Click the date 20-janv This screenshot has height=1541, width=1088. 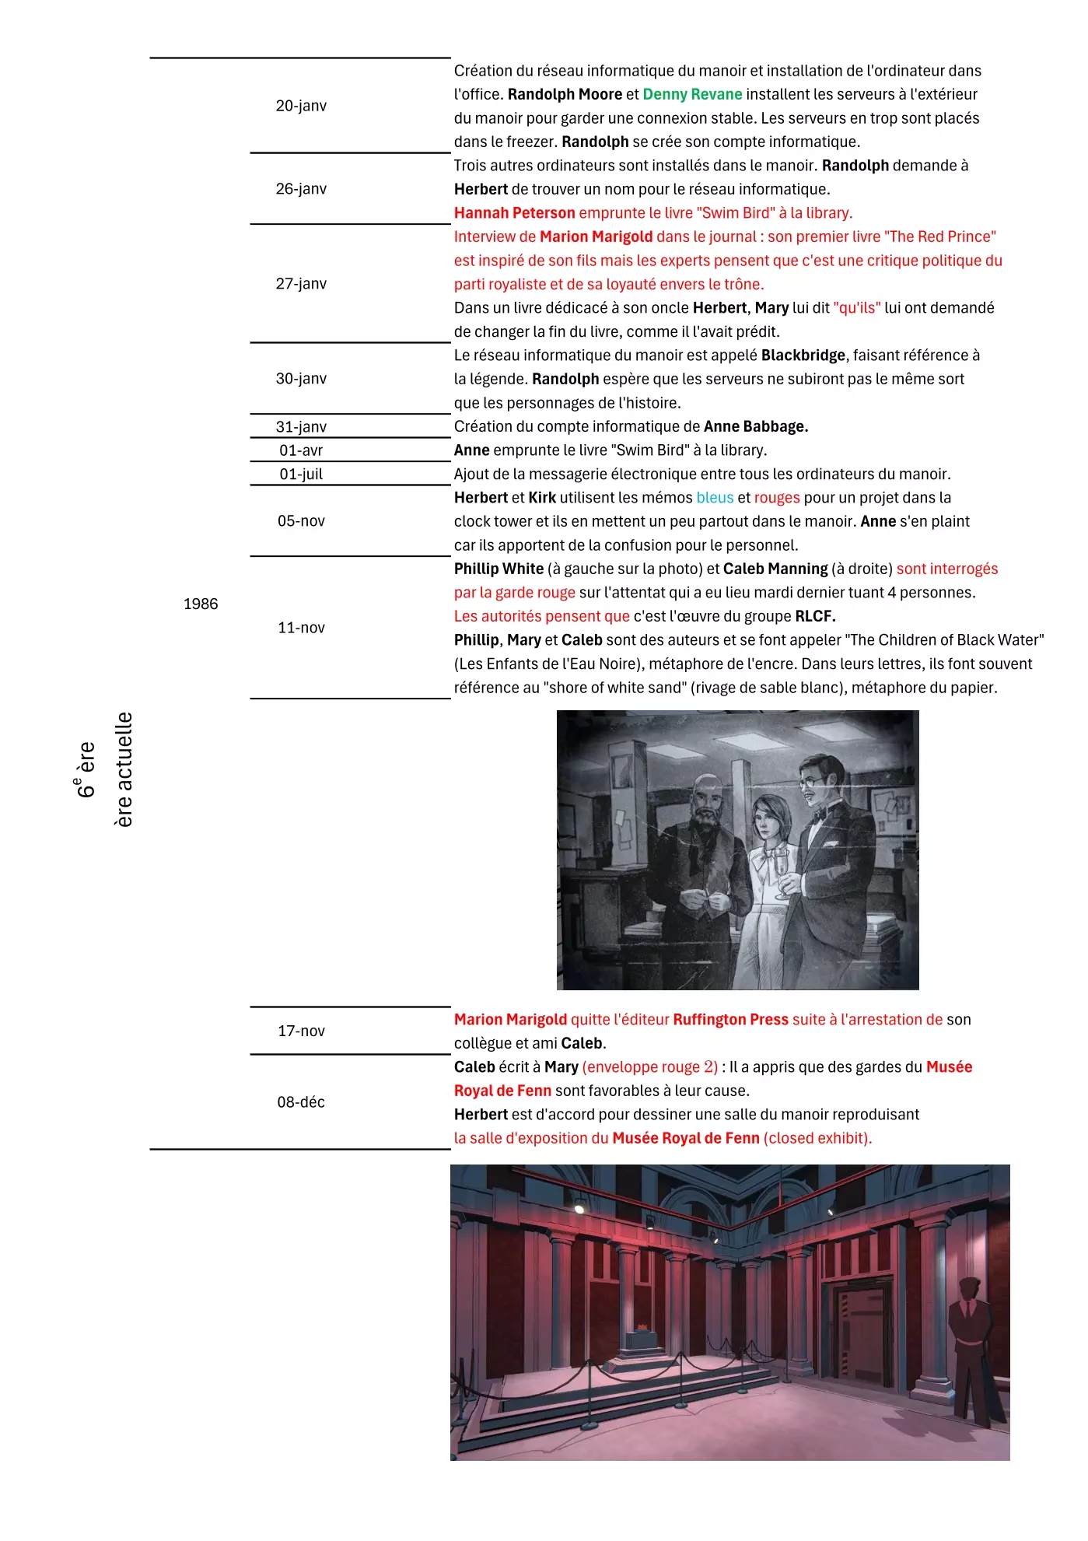(x=301, y=106)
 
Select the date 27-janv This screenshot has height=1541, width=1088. (x=301, y=284)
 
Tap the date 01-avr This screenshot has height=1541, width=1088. (x=301, y=450)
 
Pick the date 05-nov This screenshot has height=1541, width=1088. (x=301, y=521)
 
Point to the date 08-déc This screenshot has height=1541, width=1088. (x=301, y=1102)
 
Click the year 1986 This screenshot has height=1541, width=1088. (x=201, y=604)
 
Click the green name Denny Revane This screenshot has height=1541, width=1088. (x=692, y=95)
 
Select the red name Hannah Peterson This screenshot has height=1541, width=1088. (x=514, y=213)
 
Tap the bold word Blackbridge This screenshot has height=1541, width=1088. (x=803, y=355)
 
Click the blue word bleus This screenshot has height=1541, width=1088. (x=715, y=498)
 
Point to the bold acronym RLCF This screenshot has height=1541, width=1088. (x=814, y=617)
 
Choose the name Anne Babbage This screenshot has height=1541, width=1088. (x=755, y=427)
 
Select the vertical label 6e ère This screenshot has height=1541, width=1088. (x=86, y=769)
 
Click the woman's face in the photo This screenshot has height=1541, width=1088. (x=769, y=820)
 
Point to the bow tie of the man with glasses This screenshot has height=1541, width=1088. (x=819, y=814)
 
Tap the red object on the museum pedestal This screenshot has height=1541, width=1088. (x=642, y=1326)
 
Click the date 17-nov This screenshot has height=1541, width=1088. (x=301, y=1031)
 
